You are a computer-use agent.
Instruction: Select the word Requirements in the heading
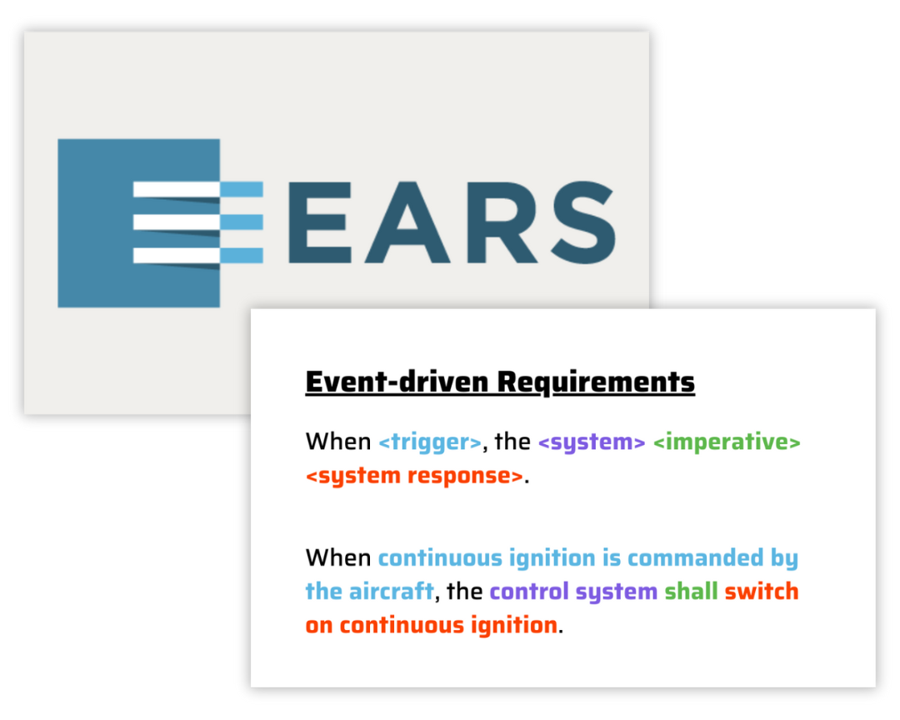click(x=596, y=382)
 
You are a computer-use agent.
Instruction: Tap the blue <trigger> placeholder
click(x=430, y=442)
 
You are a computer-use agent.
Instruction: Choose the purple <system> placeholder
click(x=592, y=442)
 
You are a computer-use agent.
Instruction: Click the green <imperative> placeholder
click(x=727, y=442)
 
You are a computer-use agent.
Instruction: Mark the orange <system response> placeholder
click(x=414, y=477)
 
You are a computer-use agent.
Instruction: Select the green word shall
click(x=691, y=592)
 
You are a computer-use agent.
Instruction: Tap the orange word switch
click(x=762, y=592)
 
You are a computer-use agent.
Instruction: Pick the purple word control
click(x=529, y=592)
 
